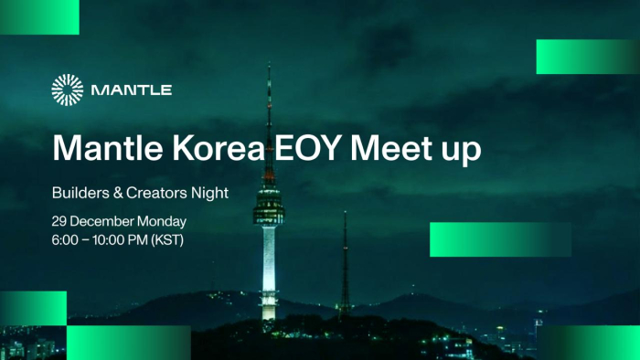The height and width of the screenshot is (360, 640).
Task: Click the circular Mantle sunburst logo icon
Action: (x=68, y=90)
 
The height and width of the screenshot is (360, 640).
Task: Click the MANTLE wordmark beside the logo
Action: (x=132, y=90)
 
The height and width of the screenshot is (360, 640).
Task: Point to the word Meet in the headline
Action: (x=390, y=148)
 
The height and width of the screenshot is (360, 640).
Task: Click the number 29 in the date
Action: (x=61, y=222)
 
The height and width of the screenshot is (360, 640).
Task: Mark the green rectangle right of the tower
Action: (x=500, y=239)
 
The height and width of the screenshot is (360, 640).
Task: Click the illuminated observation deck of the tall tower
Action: (x=269, y=202)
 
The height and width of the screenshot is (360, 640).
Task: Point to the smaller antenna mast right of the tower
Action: (x=345, y=265)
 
